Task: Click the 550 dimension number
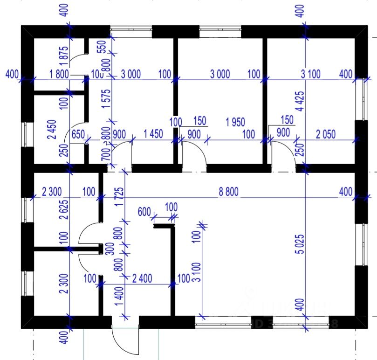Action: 105,47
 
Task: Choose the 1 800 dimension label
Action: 60,74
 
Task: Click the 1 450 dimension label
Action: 153,134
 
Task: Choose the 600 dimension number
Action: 144,212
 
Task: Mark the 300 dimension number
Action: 110,248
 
